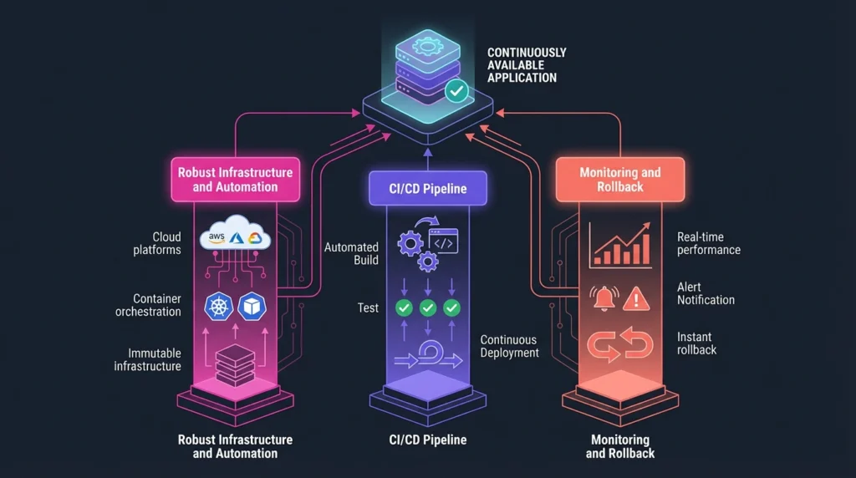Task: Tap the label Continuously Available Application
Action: pos(527,65)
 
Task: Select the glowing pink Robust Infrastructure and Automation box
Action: pos(236,179)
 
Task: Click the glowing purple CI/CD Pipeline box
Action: pos(428,189)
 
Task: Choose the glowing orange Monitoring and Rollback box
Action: pos(620,179)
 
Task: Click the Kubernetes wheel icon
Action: pos(219,307)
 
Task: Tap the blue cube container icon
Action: pos(252,307)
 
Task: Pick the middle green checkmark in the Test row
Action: pos(428,308)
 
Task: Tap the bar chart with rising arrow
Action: pos(620,245)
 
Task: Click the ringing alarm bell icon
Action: pos(603,297)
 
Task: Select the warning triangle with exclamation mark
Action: pos(637,297)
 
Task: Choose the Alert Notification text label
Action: pos(706,293)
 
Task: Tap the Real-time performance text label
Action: pos(708,243)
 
